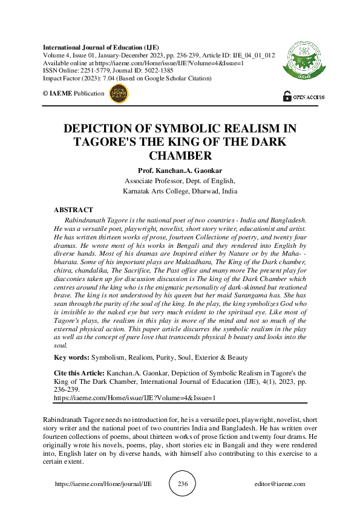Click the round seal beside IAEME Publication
coord(119,92)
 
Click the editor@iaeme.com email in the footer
coord(280,484)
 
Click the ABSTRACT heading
coord(73,210)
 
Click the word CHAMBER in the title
coord(180,156)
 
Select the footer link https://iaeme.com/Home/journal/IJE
coord(103,484)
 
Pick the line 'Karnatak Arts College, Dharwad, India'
coord(180,190)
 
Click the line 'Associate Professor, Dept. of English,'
coord(180,180)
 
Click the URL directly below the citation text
coord(134,398)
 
